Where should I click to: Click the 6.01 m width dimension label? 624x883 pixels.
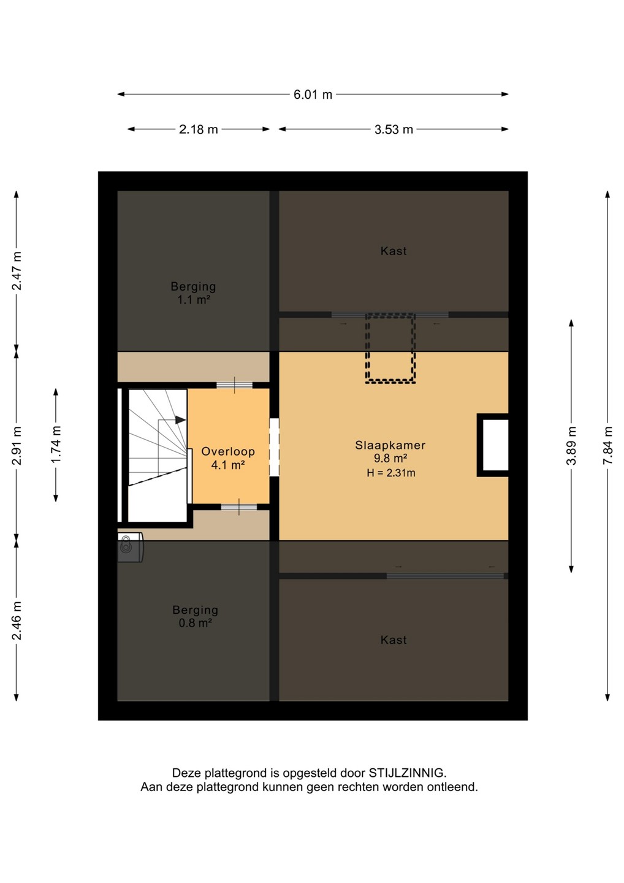coord(313,94)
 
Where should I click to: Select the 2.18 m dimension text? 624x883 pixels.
coord(198,129)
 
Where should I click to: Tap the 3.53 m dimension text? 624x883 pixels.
coord(394,129)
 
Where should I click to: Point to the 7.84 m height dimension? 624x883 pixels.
coord(607,445)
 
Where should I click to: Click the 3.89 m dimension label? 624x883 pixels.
coord(571,445)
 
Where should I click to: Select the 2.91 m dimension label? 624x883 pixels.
coord(17,445)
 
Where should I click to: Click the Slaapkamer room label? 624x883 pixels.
coord(390,445)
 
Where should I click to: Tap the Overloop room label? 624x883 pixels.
coord(228,451)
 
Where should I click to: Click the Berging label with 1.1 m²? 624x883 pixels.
coord(193,286)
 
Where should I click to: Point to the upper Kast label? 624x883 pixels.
coord(394,251)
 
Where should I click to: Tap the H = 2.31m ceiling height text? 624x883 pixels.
coord(391,473)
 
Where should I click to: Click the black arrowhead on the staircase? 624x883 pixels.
coord(180,420)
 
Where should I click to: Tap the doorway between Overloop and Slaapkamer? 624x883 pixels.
coord(274,447)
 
